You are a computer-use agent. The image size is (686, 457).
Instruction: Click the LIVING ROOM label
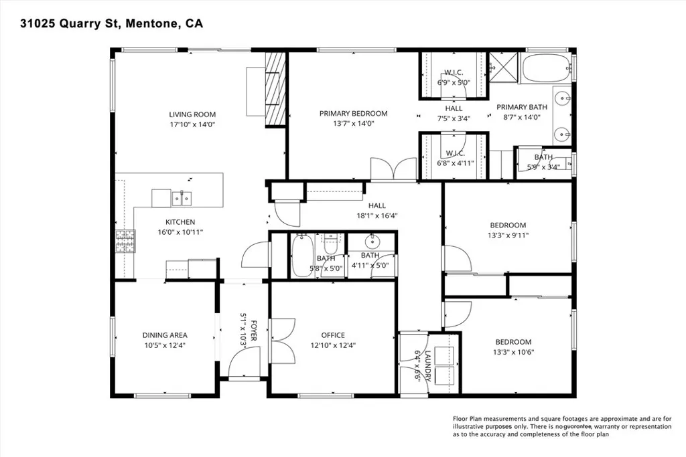click(192, 114)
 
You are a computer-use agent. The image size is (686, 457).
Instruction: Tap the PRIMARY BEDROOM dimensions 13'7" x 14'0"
click(354, 124)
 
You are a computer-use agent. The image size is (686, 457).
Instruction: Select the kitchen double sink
click(181, 198)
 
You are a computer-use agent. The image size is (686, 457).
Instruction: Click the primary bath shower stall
click(503, 68)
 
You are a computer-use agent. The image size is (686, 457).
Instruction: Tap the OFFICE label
click(334, 335)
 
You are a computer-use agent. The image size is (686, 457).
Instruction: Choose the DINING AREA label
click(165, 335)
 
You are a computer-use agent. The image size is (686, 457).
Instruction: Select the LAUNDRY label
click(428, 366)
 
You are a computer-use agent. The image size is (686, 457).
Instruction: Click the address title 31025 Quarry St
click(70, 23)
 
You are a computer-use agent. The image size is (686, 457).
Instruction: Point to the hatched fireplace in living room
click(275, 90)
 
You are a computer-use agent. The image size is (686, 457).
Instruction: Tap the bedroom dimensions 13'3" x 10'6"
click(514, 352)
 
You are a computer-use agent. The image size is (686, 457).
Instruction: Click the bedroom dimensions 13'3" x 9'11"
click(508, 235)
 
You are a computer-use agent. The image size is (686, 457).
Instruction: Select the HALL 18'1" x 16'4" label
click(377, 210)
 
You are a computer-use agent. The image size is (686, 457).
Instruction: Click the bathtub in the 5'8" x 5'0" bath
click(301, 256)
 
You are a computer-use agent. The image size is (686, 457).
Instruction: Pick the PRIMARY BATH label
click(522, 106)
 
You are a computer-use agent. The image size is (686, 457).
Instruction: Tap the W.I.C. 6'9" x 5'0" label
click(454, 77)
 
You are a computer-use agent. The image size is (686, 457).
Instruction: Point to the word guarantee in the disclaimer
click(578, 426)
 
